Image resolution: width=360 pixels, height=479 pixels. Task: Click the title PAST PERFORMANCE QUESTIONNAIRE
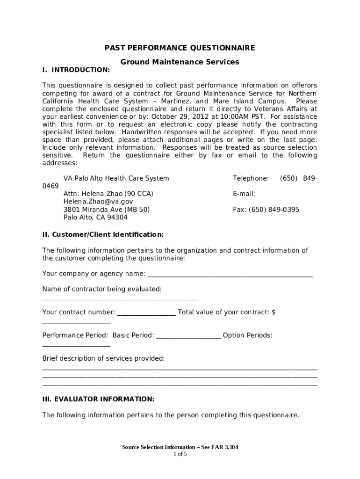click(180, 48)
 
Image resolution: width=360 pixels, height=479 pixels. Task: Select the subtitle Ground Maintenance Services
click(180, 62)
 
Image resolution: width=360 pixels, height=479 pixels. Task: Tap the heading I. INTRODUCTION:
click(76, 70)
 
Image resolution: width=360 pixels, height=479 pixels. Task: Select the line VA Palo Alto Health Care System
click(116, 178)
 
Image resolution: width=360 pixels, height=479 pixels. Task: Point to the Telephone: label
click(251, 178)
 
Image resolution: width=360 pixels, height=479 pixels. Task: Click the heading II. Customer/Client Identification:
click(103, 234)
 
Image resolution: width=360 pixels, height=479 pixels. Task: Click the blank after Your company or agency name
click(230, 274)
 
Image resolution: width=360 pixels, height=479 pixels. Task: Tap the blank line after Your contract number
click(146, 313)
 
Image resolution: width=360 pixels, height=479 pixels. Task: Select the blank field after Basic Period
click(188, 336)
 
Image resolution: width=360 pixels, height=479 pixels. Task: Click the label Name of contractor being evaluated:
click(102, 289)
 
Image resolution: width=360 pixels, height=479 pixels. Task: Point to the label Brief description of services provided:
click(103, 358)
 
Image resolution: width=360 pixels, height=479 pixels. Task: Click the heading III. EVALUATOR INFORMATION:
click(98, 399)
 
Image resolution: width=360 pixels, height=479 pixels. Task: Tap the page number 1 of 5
click(180, 454)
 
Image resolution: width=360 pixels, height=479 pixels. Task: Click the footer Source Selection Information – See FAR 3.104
click(180, 447)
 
